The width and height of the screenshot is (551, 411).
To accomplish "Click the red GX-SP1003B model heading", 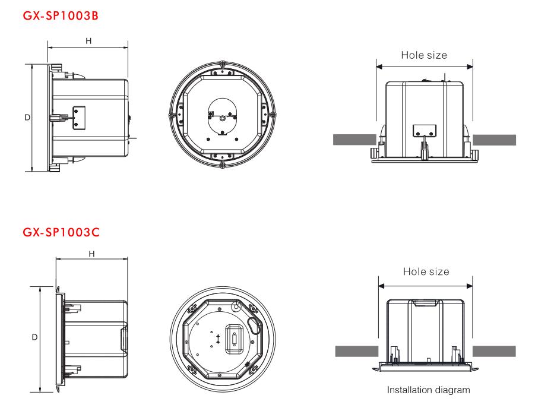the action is coord(61,16).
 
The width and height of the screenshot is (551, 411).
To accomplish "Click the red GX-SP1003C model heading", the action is coord(61,232).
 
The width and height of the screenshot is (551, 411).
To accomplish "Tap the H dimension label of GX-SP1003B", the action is coord(88,41).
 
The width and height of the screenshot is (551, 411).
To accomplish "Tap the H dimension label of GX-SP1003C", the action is coord(91,254).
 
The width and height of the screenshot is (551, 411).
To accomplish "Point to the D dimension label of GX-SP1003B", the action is coord(27,118).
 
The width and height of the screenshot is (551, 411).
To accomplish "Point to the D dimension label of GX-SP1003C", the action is coord(34,337).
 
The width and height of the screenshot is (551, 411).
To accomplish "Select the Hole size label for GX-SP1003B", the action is coord(424,55).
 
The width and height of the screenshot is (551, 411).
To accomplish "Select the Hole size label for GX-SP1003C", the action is coord(426,271).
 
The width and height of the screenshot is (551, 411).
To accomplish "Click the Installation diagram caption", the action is coord(428,390).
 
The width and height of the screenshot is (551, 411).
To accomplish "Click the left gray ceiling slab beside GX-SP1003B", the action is coord(354,140).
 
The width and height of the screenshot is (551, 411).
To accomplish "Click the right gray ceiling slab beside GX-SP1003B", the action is coord(495,140).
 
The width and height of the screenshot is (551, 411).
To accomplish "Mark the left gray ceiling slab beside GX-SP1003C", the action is coord(357,351).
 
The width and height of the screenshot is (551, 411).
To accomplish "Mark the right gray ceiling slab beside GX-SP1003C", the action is coord(494,351).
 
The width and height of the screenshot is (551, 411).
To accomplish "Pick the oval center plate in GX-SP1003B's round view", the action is coord(223,117).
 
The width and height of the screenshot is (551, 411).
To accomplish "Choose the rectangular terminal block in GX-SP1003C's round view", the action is coord(234,339).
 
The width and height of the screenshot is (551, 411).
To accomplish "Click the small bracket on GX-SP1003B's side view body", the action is coord(79,118).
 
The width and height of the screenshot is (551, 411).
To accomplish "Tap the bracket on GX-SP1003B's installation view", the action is coord(425,130).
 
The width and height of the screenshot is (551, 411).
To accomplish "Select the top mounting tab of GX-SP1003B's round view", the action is coord(222,72).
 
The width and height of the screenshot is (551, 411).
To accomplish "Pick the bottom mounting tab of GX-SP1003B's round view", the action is coord(222,156).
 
